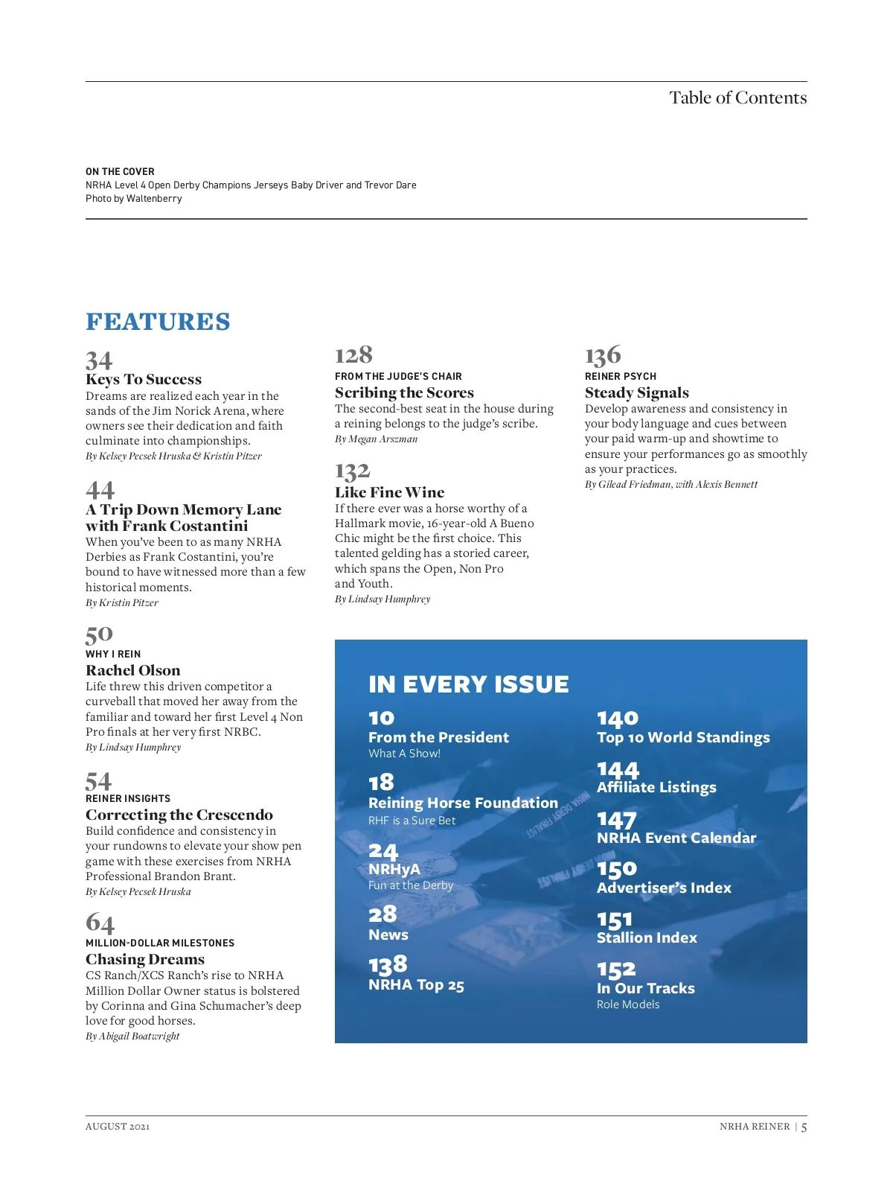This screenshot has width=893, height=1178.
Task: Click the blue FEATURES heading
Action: click(158, 322)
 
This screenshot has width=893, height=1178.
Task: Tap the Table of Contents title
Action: click(737, 98)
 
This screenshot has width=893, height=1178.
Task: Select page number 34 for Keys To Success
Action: click(99, 361)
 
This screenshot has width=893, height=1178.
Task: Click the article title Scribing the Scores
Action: click(404, 392)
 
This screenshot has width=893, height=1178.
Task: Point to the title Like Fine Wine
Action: click(389, 492)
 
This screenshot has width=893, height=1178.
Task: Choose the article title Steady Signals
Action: click(636, 392)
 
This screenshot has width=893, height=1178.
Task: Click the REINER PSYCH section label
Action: click(620, 376)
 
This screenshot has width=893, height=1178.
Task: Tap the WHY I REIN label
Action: click(113, 654)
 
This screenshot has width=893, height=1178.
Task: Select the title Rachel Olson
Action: click(132, 670)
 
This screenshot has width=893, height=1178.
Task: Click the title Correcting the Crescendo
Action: click(179, 815)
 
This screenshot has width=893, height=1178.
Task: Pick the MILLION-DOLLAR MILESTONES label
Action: click(160, 943)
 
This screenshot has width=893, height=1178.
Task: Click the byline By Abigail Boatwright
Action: click(132, 1036)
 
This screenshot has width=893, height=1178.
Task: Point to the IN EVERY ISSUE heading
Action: click(468, 684)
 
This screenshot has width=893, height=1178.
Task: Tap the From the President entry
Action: click(438, 737)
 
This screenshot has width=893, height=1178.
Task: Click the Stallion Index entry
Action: click(647, 937)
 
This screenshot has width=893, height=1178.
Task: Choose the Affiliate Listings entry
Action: click(656, 787)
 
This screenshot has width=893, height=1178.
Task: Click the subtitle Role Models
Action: click(628, 1005)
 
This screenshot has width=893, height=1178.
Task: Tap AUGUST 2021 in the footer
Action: click(118, 1126)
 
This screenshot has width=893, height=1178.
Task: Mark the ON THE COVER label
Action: click(120, 171)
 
